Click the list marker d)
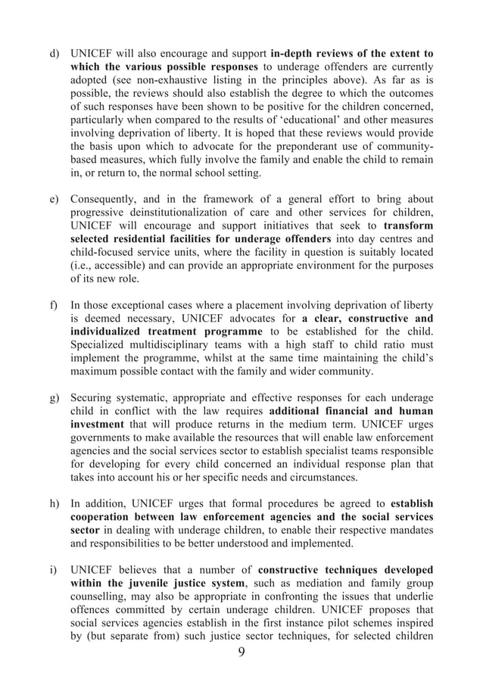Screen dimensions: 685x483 click(54, 54)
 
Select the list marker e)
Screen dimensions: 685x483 click(54, 200)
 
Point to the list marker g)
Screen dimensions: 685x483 click(54, 398)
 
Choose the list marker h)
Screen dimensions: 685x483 click(54, 503)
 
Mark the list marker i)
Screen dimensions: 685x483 click(53, 569)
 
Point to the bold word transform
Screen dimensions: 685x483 click(409, 226)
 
